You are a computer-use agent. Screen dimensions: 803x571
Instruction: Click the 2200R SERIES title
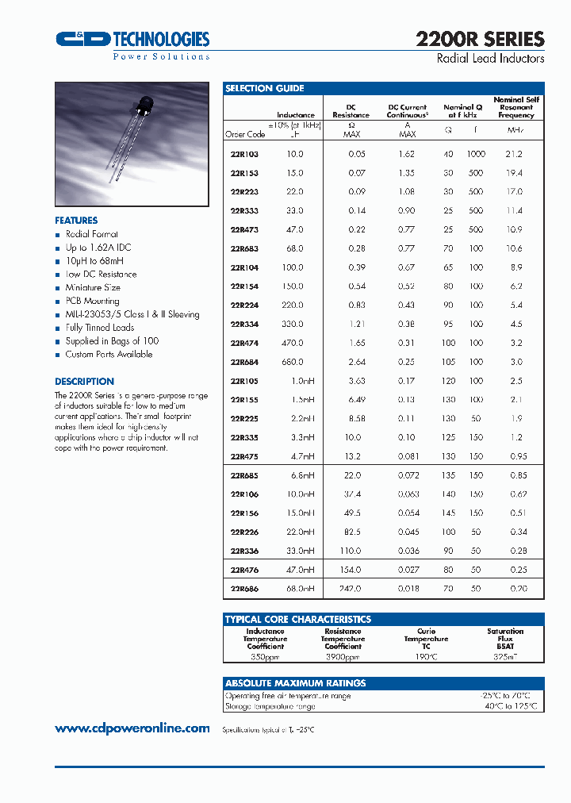(480, 39)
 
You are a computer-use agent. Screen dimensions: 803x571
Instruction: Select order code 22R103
(243, 154)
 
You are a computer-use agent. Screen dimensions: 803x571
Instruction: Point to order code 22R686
(243, 589)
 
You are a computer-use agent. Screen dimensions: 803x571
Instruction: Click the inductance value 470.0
(293, 343)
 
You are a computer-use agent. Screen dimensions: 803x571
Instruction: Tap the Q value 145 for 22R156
(449, 513)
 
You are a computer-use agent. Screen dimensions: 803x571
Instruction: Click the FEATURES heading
(76, 221)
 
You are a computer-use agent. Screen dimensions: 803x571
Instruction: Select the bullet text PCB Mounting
(92, 301)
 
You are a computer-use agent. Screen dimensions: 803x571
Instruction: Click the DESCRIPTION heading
(84, 381)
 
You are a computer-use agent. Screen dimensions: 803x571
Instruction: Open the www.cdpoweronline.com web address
(132, 728)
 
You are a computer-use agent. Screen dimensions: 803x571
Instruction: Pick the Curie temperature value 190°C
(426, 657)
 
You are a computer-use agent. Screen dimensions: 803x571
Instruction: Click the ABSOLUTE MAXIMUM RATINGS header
(295, 683)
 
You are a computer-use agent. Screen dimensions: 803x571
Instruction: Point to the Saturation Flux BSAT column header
(505, 639)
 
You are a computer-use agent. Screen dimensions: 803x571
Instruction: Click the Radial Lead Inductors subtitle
(491, 59)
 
